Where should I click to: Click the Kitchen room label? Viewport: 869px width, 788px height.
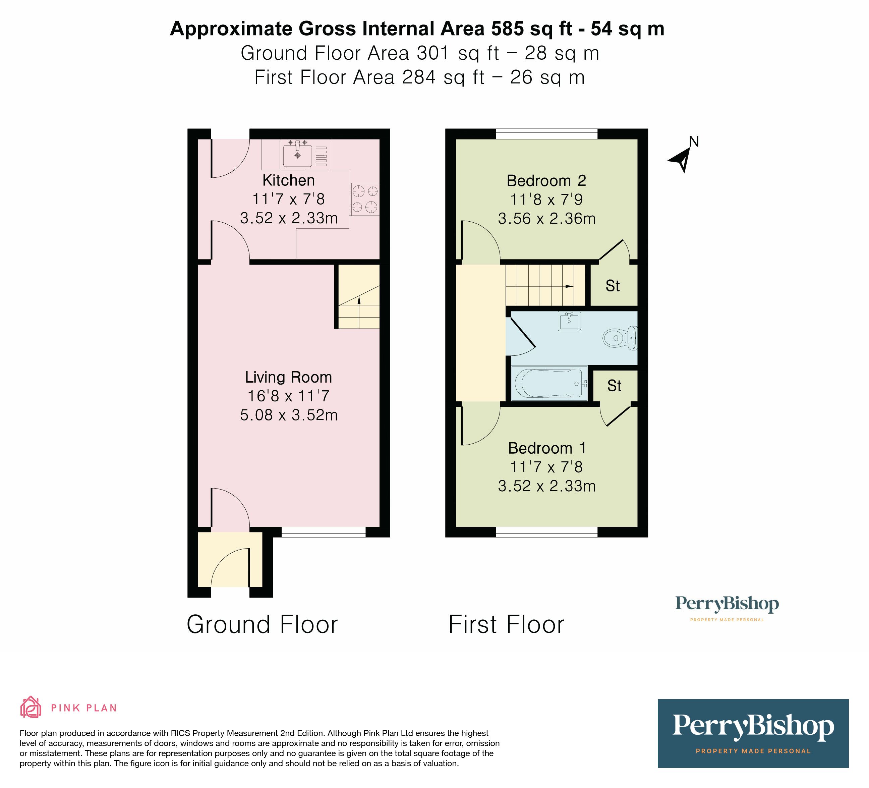(288, 180)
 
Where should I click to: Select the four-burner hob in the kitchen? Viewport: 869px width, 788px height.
(364, 199)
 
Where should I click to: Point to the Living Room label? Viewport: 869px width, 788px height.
(288, 377)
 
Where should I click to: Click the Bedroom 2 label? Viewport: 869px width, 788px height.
(546, 181)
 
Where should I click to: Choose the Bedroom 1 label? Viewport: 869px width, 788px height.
(547, 448)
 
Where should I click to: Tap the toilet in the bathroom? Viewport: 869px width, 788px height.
(620, 338)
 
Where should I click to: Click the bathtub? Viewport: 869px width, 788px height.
(549, 383)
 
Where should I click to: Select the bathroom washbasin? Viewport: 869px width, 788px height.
(569, 321)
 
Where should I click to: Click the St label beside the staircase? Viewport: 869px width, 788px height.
(613, 286)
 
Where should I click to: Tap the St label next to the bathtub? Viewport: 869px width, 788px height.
(614, 386)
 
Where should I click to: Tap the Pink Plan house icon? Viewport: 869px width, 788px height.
(31, 707)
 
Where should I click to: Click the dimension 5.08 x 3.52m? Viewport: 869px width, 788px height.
(288, 415)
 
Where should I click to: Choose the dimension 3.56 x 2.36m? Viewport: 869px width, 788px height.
(546, 219)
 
